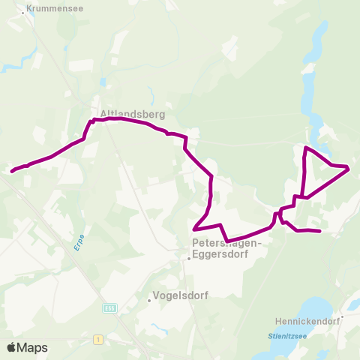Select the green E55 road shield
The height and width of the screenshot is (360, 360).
click(109, 307)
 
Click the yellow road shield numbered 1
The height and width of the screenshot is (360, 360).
click(97, 340)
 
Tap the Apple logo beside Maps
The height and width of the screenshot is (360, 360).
click(12, 347)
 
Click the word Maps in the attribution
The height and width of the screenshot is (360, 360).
click(32, 348)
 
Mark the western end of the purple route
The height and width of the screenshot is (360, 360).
click(11, 172)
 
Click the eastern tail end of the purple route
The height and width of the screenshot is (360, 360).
click(320, 231)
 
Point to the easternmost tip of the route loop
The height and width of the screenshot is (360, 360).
click(349, 168)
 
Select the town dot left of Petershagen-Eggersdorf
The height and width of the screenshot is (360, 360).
click(189, 259)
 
